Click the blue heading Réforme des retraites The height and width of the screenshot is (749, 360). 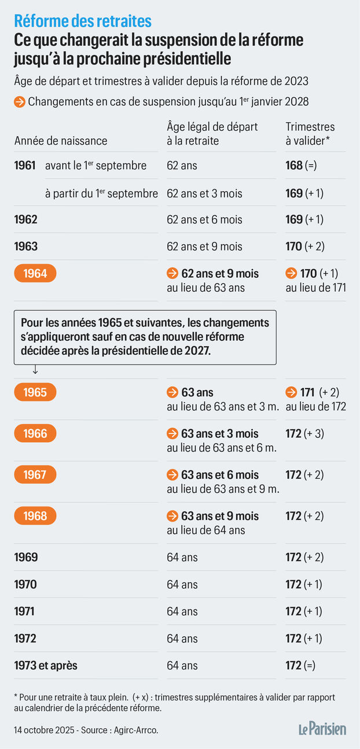(x=83, y=21)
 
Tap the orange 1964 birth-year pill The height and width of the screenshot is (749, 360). (x=35, y=273)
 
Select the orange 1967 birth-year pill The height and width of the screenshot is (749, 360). (x=35, y=475)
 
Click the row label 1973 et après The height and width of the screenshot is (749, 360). (x=46, y=666)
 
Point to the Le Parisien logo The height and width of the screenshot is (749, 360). (x=322, y=729)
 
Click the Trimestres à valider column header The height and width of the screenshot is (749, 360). (x=310, y=134)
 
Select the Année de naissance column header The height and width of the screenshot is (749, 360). (x=61, y=141)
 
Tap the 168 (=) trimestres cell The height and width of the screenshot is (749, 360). (x=301, y=166)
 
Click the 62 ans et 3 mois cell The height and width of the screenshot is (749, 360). (x=204, y=193)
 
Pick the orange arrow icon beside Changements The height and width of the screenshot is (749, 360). (x=20, y=102)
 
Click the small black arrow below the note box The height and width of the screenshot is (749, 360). (x=35, y=369)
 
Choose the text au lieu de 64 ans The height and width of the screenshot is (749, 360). (x=206, y=530)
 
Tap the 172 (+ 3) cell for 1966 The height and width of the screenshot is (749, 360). (x=304, y=434)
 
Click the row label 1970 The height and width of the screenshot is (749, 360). (x=25, y=585)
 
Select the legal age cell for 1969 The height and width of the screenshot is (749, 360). (x=182, y=557)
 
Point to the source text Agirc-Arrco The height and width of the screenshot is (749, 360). (x=136, y=730)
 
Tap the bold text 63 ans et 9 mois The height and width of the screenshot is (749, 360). (x=220, y=516)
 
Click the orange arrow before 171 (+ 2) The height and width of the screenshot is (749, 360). (x=291, y=392)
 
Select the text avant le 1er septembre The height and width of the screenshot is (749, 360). (x=95, y=166)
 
